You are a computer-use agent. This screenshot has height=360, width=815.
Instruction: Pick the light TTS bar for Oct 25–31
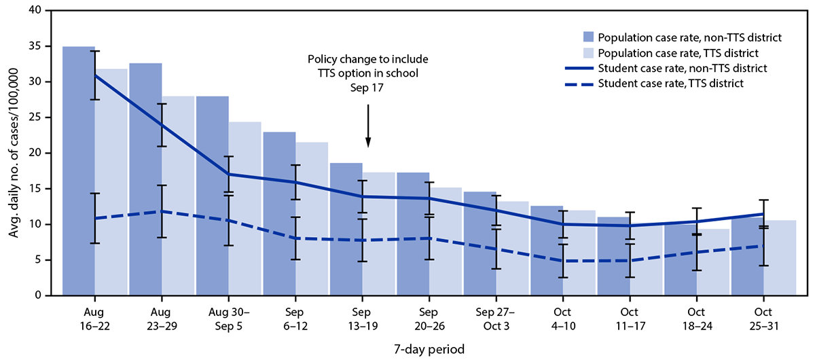tap(780, 258)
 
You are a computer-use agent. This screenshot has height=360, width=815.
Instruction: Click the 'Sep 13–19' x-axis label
tap(362, 318)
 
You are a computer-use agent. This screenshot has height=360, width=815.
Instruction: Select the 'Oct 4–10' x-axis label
tap(562, 318)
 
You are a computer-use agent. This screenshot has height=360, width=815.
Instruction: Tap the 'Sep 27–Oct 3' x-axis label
tap(496, 318)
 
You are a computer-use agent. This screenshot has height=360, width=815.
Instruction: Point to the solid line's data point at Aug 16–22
tap(95, 75)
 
